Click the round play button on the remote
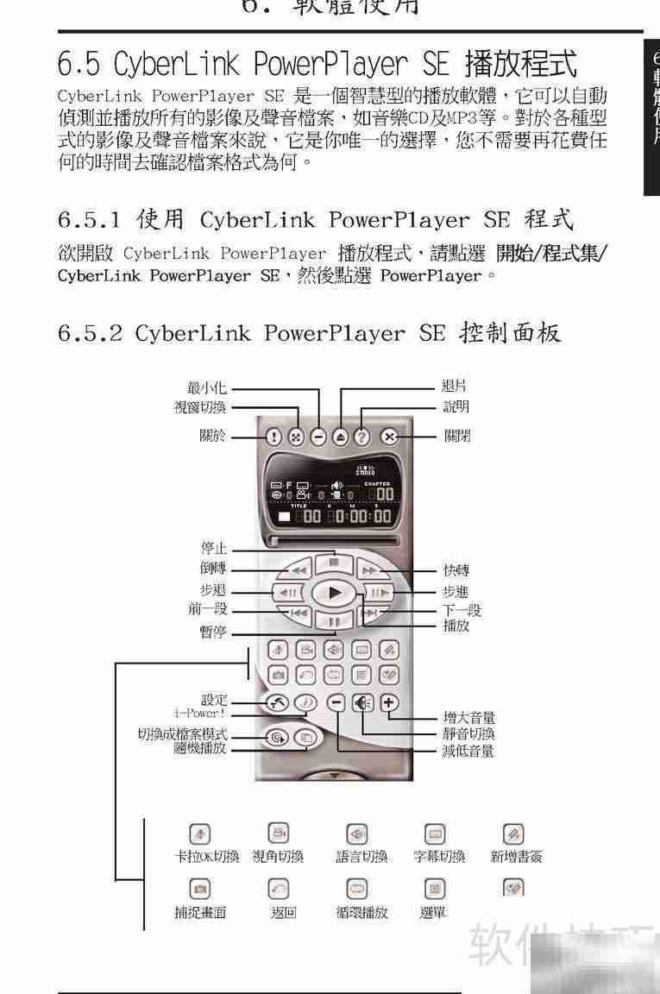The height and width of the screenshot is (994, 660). (x=334, y=593)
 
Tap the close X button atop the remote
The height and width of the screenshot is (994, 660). (x=389, y=437)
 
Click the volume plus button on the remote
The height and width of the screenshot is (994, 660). (x=389, y=702)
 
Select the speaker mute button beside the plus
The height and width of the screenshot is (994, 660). (x=363, y=702)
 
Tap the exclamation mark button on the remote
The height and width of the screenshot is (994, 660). (x=273, y=437)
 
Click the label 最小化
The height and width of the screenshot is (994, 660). (x=207, y=388)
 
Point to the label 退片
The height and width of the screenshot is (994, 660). (x=455, y=387)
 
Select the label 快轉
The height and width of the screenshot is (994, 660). (x=456, y=571)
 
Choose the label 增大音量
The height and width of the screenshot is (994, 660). (x=468, y=718)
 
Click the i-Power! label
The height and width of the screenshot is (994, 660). (x=199, y=713)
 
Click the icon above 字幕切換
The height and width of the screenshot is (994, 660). (x=434, y=834)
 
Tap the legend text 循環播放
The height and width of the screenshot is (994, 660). (x=361, y=913)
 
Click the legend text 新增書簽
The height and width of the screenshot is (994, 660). (x=516, y=857)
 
